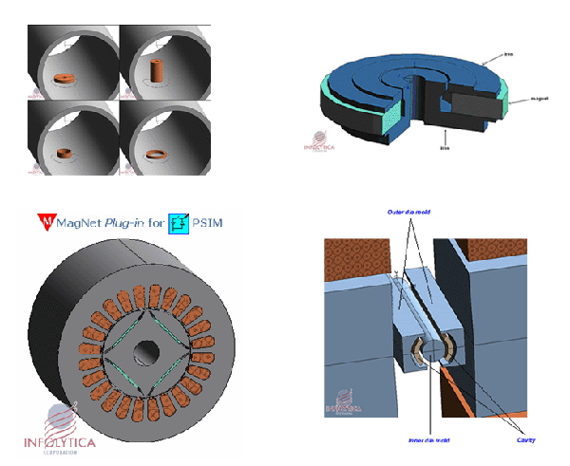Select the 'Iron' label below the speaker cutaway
coord(444,147)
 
